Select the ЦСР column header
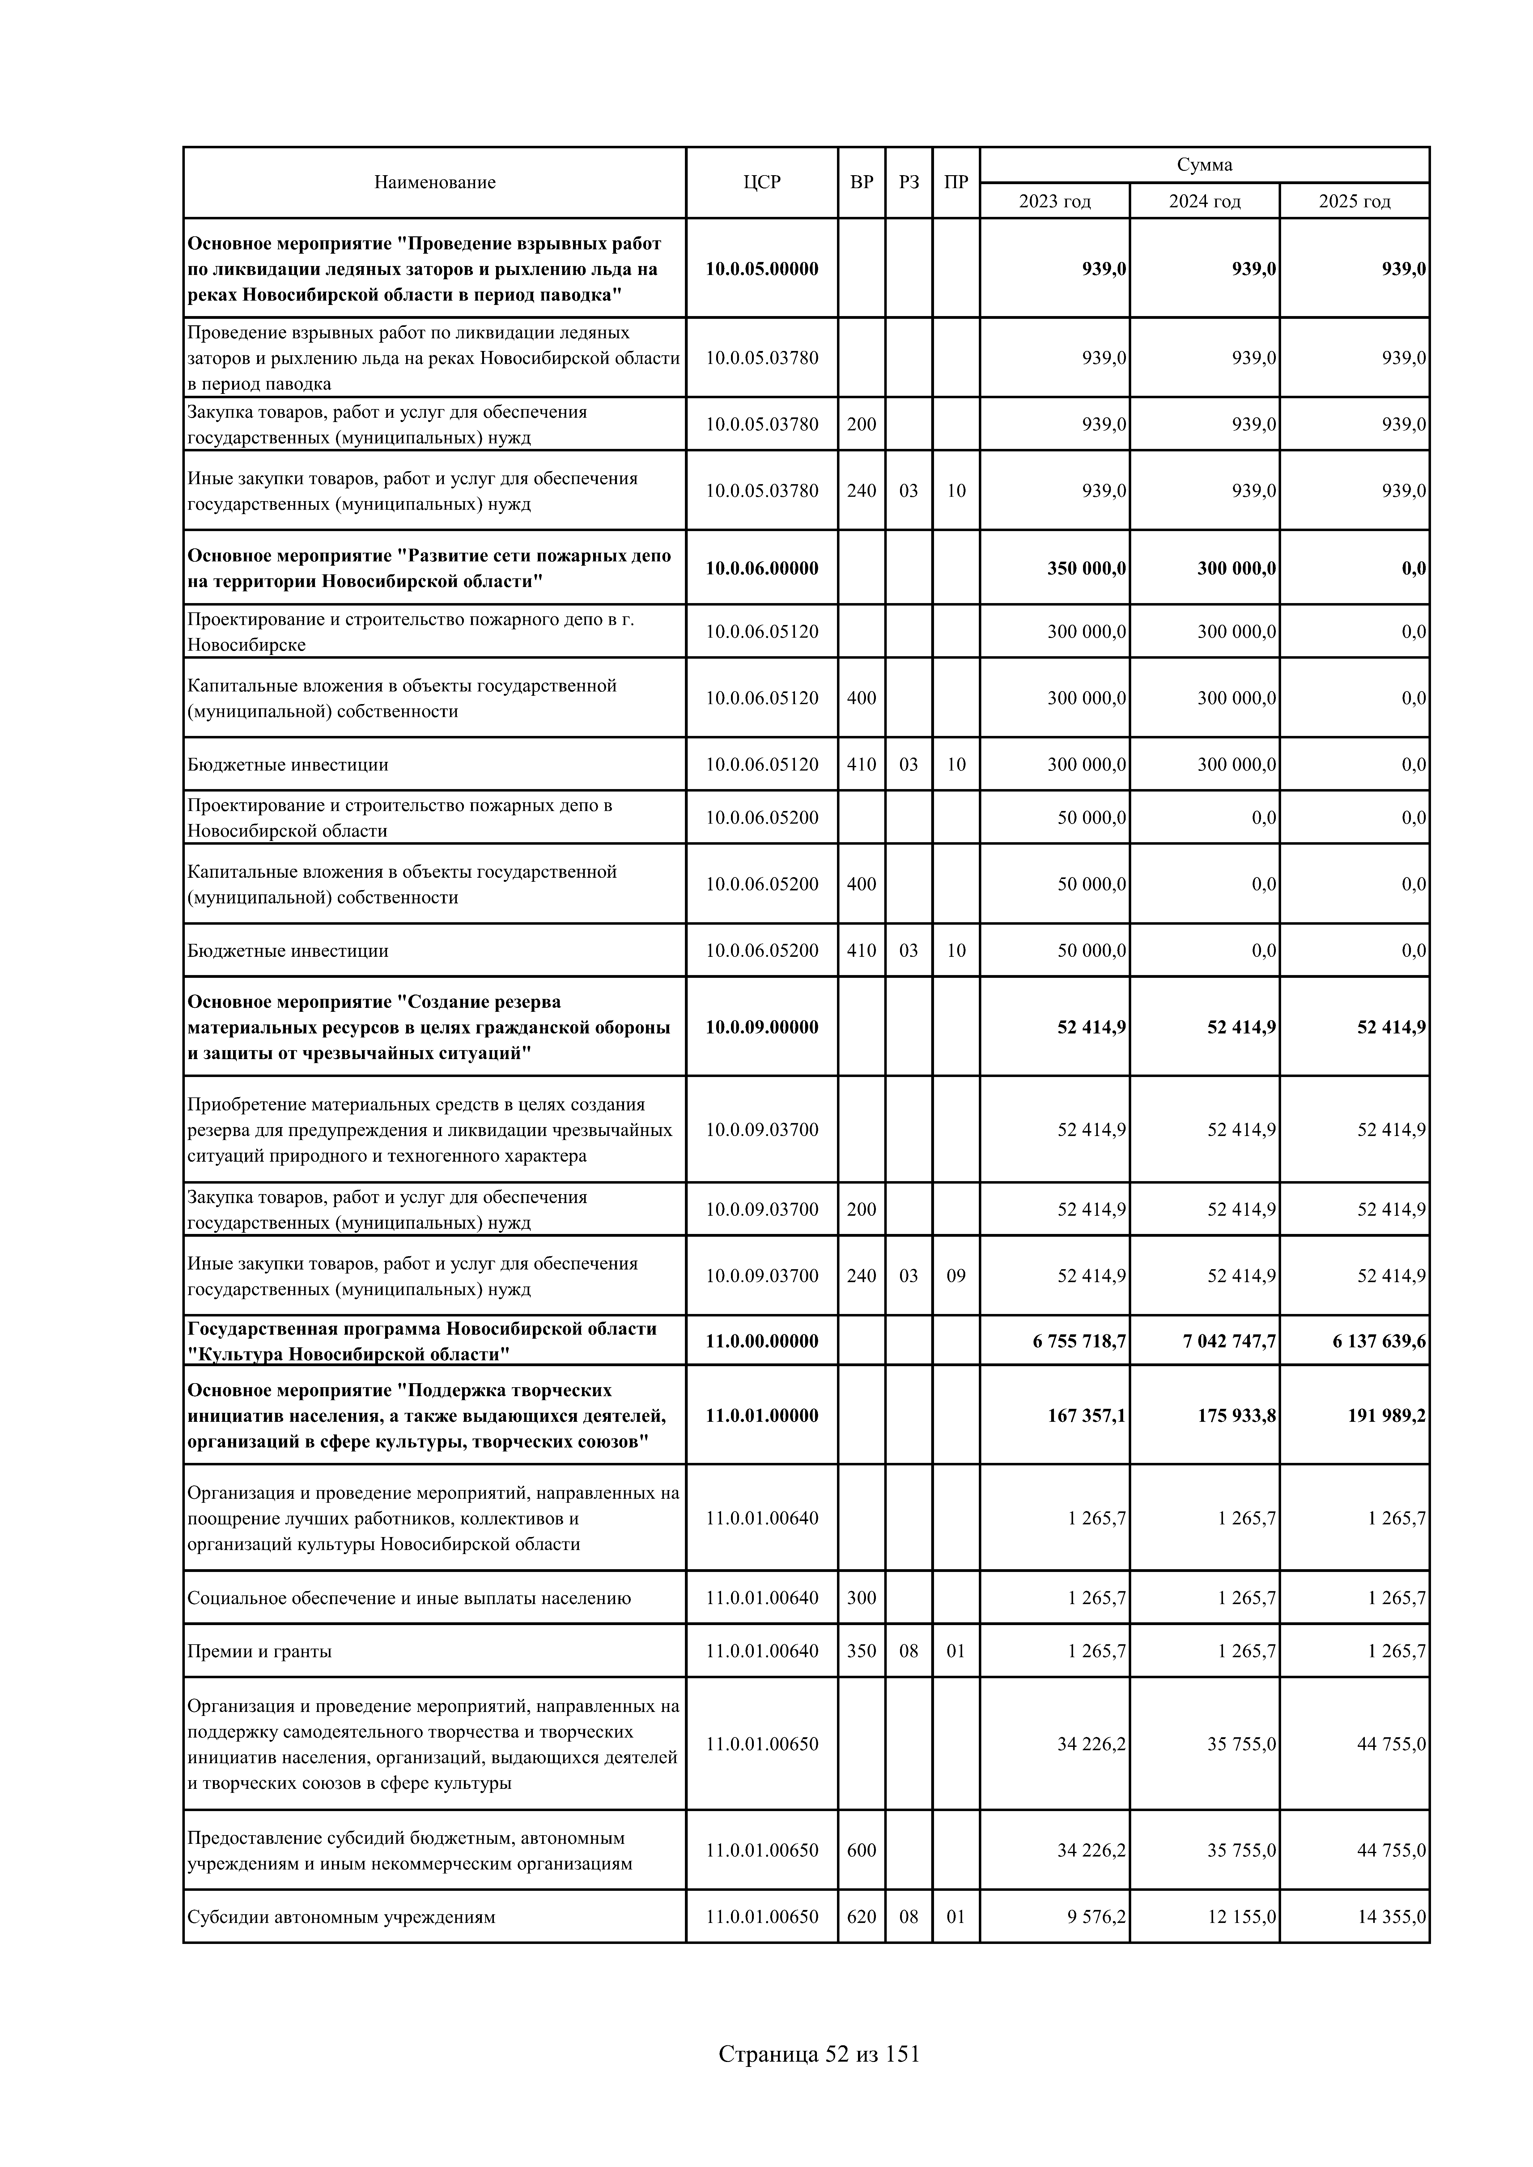pyautogui.click(x=762, y=182)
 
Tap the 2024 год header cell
pyautogui.click(x=1204, y=201)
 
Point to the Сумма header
pyautogui.click(x=1204, y=164)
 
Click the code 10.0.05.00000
pyautogui.click(x=762, y=269)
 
